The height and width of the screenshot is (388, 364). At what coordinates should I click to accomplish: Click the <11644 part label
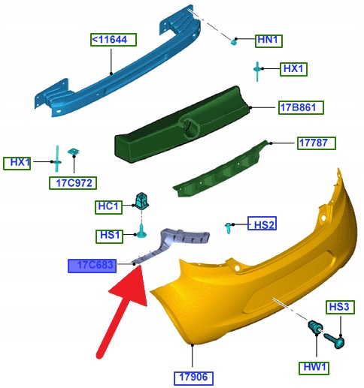coord(114,40)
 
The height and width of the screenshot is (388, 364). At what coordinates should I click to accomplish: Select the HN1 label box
coord(268,41)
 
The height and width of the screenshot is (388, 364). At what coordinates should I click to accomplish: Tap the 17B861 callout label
coord(301,107)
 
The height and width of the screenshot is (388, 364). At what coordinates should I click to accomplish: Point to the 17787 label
coord(317,143)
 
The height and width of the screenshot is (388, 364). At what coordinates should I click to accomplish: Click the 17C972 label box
coord(73,183)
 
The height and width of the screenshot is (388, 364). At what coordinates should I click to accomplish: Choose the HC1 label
coord(108,207)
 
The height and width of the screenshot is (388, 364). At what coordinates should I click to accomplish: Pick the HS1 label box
coord(109,236)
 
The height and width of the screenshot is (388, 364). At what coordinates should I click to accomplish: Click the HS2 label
coord(262,223)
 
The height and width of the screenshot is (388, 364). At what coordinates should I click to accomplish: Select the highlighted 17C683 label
coord(92,266)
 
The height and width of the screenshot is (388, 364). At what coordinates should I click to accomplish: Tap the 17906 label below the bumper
coord(193,378)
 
